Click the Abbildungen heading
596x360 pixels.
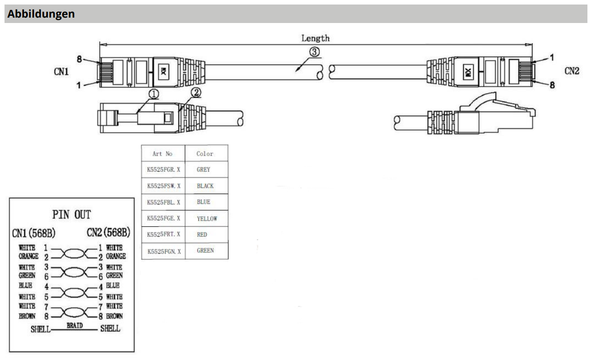coord(41,14)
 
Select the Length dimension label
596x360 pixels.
coord(315,38)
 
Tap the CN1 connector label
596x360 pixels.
coord(61,72)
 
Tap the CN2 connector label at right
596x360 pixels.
coord(571,72)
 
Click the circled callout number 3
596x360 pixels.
coord(314,52)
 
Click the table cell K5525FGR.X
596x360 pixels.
coord(163,170)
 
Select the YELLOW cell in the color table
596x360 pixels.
coord(207,218)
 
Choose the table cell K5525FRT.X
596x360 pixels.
coord(163,235)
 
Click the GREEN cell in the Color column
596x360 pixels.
coord(205,251)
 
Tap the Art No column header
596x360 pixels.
coord(162,154)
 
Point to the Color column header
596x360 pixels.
coord(205,154)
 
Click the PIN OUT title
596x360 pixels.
coord(72,215)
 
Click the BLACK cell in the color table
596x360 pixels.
coord(205,186)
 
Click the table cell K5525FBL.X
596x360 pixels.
coord(163,202)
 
